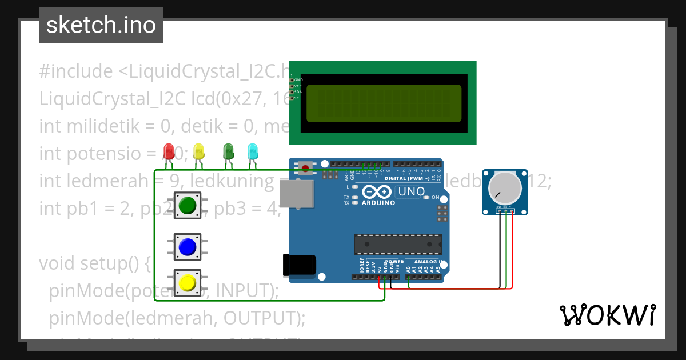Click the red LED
point(169,151)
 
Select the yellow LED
point(198,151)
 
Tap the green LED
point(228,151)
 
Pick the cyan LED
point(252,151)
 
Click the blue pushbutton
point(188,247)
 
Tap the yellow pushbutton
point(188,282)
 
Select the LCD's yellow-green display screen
point(384,103)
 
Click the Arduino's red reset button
point(306,168)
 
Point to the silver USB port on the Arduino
point(297,194)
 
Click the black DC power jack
point(299,266)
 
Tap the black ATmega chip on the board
point(398,244)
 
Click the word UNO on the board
point(411,192)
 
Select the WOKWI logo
point(607,315)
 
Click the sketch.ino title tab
point(101,25)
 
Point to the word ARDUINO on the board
point(378,203)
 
